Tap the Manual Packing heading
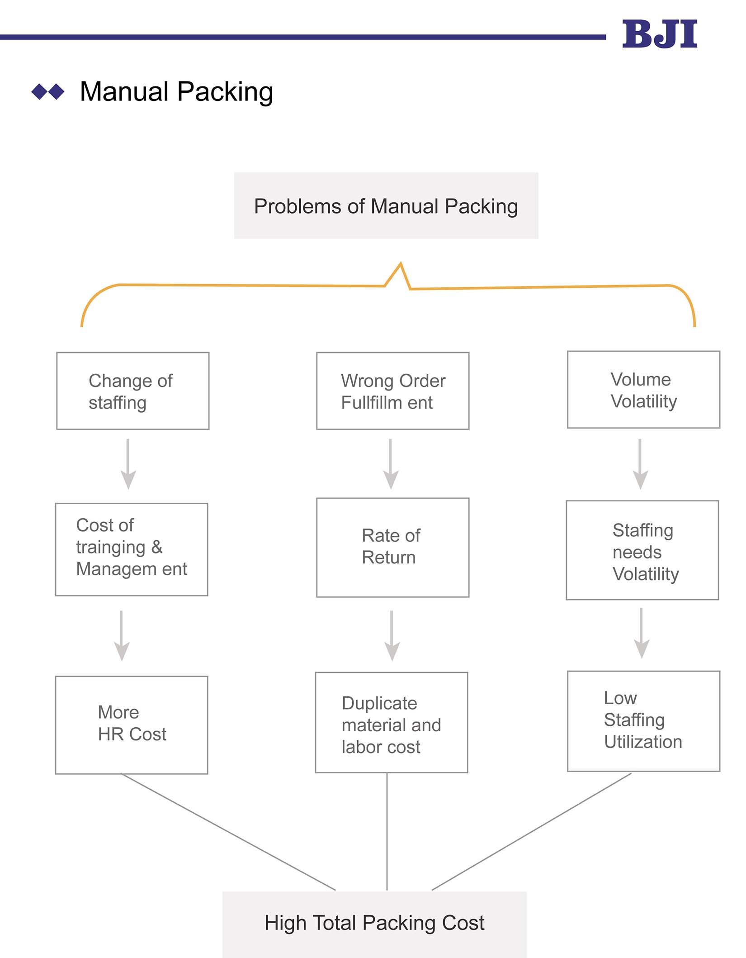(176, 92)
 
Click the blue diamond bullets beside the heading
(48, 92)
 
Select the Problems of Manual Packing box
(386, 206)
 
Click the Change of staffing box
(133, 391)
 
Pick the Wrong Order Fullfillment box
(392, 391)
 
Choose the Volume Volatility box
(643, 390)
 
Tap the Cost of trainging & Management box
(132, 549)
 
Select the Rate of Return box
(392, 548)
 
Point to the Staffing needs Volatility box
(642, 550)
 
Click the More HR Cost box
(132, 725)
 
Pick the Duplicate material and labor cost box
(392, 723)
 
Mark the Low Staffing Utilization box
(643, 721)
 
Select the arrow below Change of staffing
(128, 464)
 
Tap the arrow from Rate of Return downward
(392, 635)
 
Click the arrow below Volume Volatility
(640, 464)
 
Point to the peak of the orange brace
(401, 264)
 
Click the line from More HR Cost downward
(228, 832)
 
